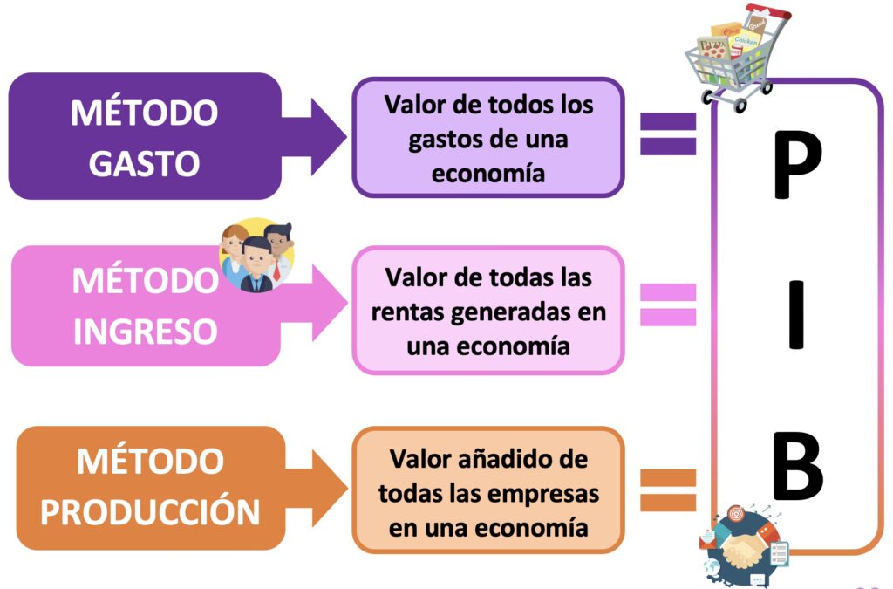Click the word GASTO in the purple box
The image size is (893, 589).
coord(144,162)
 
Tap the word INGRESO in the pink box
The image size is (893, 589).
coord(145,331)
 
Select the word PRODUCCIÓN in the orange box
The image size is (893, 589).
coord(150,511)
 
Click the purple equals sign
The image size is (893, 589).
coord(669,134)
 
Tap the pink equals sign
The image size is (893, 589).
coord(669,305)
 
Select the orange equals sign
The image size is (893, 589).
coord(669,490)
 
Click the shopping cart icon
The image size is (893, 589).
coord(735,58)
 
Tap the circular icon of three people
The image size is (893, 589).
coord(256,255)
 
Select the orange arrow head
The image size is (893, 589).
coord(329,489)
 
